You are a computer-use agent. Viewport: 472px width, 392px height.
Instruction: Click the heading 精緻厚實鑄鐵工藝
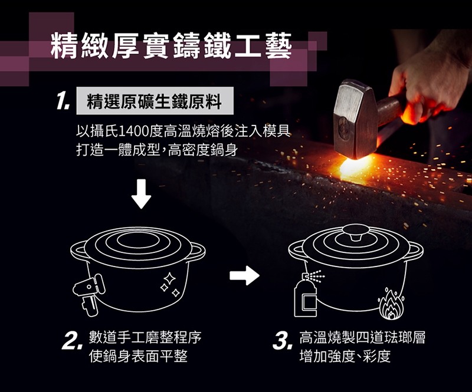click(171, 45)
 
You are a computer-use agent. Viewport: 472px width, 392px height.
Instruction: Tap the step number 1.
click(63, 101)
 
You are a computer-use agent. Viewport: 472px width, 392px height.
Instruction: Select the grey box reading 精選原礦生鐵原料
click(155, 100)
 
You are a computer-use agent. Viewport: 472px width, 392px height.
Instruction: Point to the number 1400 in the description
click(134, 131)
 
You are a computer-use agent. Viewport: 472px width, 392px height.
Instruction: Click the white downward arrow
click(141, 193)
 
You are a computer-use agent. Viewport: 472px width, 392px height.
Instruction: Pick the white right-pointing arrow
click(244, 275)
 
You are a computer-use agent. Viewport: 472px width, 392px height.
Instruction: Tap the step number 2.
click(71, 341)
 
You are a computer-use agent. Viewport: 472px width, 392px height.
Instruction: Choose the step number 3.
click(283, 341)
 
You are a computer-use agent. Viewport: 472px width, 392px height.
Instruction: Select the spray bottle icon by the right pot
click(306, 295)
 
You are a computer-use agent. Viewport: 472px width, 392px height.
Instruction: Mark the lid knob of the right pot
click(356, 232)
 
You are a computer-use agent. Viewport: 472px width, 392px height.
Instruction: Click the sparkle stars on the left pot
click(169, 284)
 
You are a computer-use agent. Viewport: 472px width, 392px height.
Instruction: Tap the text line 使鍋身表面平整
click(138, 356)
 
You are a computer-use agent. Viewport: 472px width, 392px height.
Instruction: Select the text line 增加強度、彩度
click(345, 356)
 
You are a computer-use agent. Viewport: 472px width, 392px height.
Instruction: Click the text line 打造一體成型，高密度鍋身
click(157, 150)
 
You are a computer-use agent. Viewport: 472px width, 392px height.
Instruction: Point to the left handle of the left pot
click(79, 250)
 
